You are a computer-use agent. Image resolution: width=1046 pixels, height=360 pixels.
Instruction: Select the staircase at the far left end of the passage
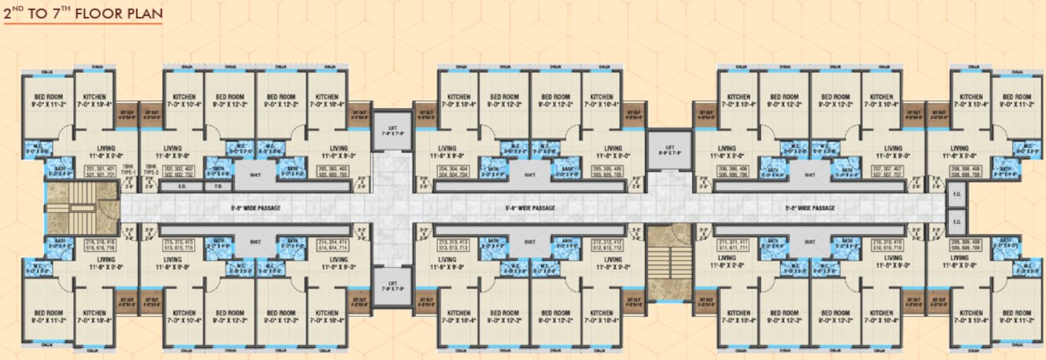tap(70, 208)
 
